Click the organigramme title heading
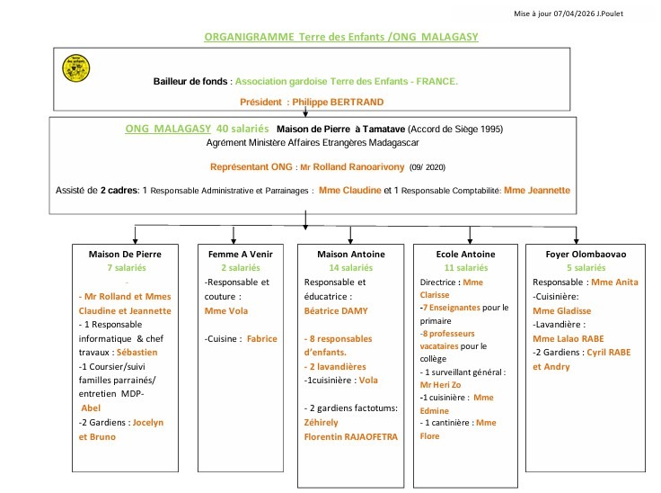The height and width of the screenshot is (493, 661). tap(341, 37)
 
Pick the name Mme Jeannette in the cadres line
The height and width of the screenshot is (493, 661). tap(537, 190)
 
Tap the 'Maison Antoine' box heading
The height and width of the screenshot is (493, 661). tap(350, 254)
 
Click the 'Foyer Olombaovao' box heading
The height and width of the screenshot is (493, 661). tap(579, 254)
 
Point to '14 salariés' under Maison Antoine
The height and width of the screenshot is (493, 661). tap(350, 268)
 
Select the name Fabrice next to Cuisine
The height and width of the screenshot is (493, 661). tap(262, 339)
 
